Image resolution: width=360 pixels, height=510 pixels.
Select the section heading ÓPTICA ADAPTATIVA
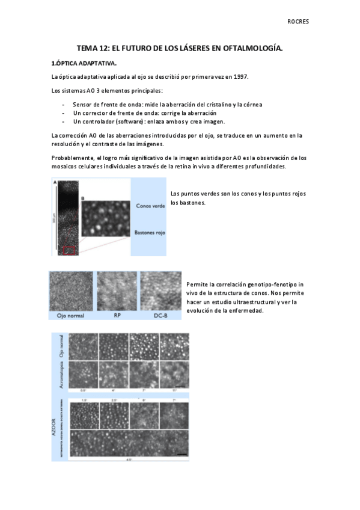(x=87, y=63)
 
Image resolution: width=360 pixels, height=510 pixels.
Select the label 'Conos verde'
(x=150, y=205)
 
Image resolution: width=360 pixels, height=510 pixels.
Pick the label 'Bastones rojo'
(x=150, y=232)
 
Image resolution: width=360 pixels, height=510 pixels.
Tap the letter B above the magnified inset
(x=82, y=197)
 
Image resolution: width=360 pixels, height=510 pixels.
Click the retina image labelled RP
(x=117, y=291)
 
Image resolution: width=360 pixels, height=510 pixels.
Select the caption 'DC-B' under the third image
(x=160, y=315)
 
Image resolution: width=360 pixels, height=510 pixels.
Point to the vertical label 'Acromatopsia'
(x=62, y=373)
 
